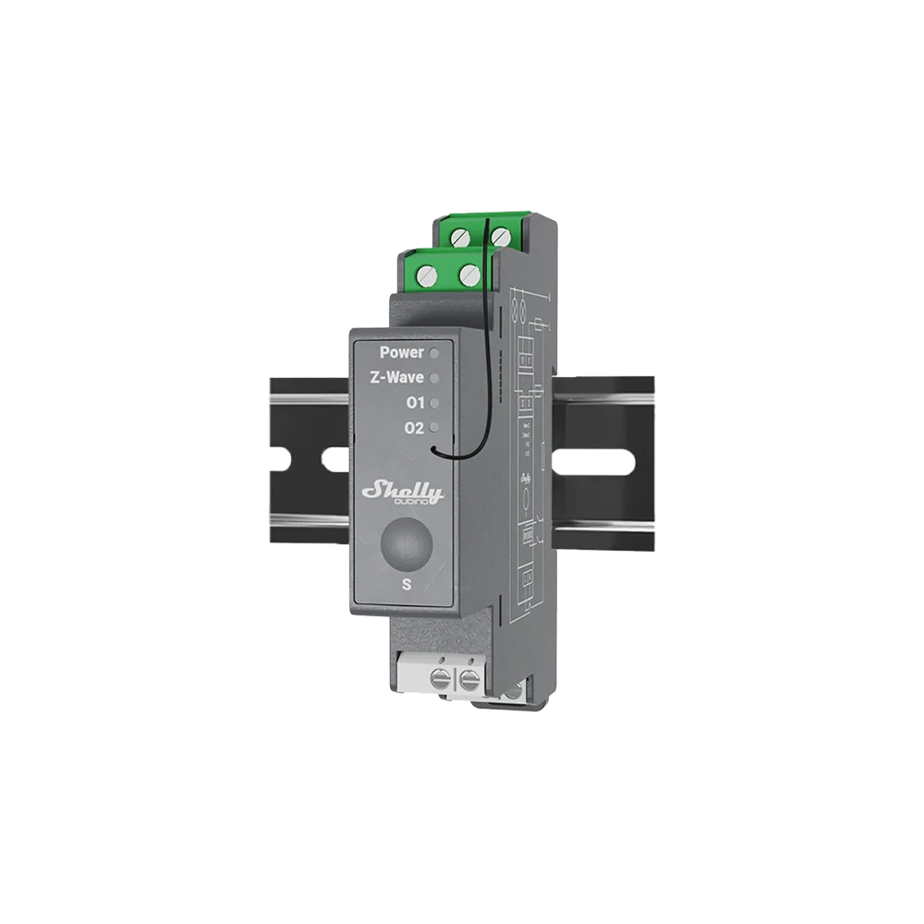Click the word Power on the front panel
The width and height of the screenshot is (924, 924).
402,352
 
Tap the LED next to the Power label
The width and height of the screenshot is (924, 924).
433,352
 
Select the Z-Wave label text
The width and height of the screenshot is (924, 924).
397,378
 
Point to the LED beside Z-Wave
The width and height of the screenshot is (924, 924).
433,378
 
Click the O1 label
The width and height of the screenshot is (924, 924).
415,403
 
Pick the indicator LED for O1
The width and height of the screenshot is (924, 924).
433,403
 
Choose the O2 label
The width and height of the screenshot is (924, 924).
415,428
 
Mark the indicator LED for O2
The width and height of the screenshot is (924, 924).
433,428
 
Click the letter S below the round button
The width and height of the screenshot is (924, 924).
407,584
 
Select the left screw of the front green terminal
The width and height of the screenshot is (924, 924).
427,274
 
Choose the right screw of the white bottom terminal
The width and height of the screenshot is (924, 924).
468,684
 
